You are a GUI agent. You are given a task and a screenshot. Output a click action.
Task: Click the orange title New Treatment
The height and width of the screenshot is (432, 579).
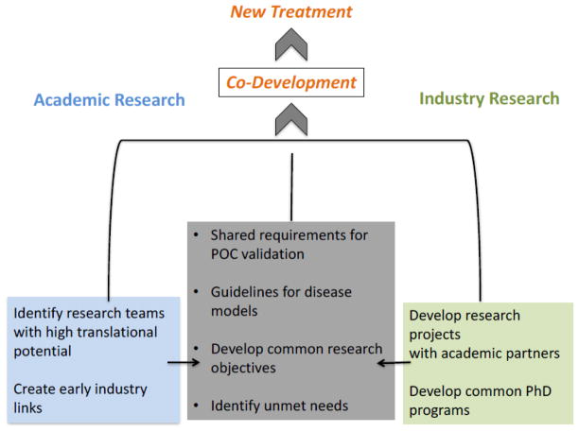pyautogui.click(x=291, y=12)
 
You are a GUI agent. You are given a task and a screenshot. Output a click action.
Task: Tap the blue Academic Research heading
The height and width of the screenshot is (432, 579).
pyautogui.click(x=110, y=100)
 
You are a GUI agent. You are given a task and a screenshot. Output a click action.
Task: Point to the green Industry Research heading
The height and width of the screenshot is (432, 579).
pyautogui.click(x=489, y=98)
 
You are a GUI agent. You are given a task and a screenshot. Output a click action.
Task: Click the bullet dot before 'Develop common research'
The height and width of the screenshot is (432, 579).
pyautogui.click(x=195, y=349)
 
